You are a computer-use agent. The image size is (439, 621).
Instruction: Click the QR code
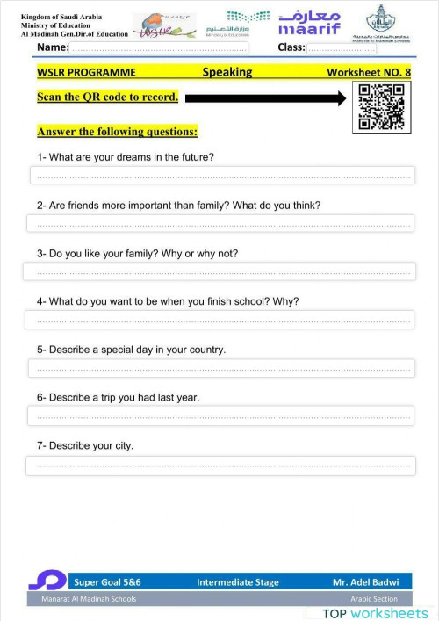coord(380,107)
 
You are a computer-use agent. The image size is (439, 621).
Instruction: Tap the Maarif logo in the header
coord(308,23)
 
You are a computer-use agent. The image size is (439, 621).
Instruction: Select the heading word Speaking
coord(227,72)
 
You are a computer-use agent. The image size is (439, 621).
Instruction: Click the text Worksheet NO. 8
coord(369,72)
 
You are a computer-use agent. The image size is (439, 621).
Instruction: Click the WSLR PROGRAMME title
coord(87,72)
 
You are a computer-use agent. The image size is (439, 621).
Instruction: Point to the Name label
coord(53,47)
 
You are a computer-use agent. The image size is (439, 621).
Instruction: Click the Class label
coord(291,47)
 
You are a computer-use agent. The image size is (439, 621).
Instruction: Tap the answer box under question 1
coord(221,176)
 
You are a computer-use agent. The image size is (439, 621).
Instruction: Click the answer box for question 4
coord(221,320)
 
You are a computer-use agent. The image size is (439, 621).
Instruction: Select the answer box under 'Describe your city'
coord(221,465)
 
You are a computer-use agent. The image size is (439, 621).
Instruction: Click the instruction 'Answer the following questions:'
coord(117,132)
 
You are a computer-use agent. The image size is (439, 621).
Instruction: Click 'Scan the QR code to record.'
coord(107,97)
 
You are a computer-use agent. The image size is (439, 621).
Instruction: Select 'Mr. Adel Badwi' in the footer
coord(364,581)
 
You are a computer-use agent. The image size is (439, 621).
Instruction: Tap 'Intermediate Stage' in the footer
coord(237,581)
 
